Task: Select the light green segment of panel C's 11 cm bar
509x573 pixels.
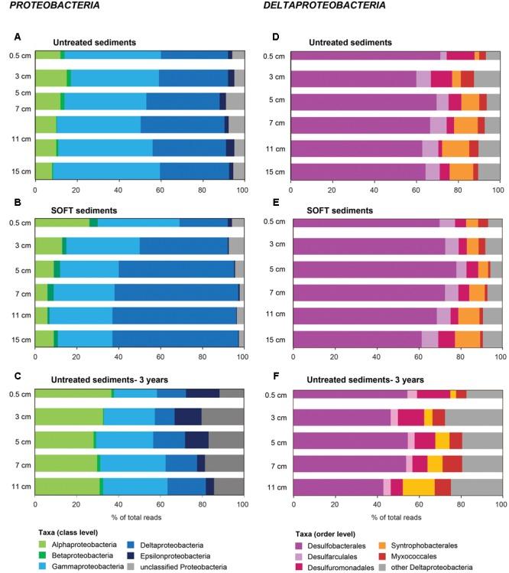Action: point(67,487)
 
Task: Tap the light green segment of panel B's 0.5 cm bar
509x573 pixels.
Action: point(62,222)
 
